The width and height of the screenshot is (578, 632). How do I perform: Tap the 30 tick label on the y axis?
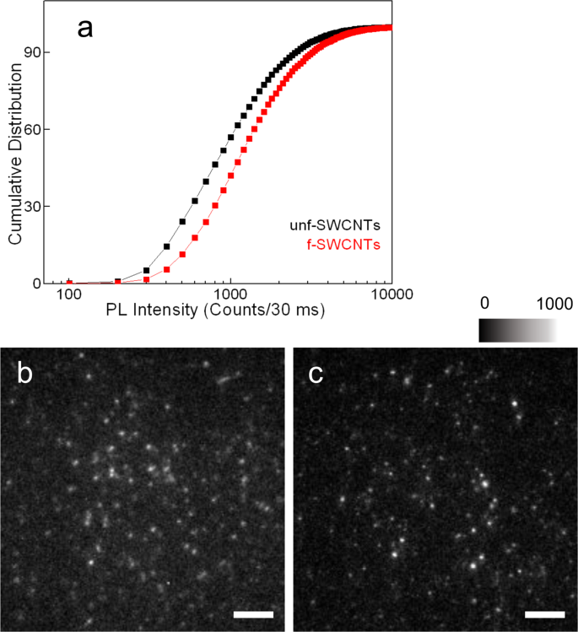[37, 207]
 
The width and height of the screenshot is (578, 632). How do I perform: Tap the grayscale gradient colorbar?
[516, 331]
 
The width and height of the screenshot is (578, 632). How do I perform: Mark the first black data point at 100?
[70, 283]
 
